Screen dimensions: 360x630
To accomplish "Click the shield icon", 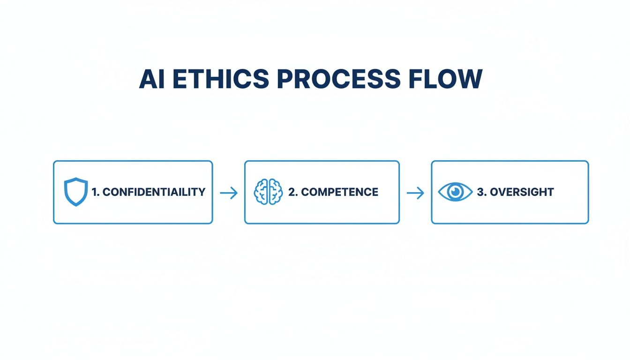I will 76,192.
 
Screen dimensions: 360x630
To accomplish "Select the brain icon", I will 269,192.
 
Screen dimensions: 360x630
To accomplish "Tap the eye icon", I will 455,192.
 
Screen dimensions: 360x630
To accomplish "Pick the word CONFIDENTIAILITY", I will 154,192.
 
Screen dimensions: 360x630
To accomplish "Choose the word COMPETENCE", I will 339,192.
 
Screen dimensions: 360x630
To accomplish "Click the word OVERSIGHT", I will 522,192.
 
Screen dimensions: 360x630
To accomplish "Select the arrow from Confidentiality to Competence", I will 228,193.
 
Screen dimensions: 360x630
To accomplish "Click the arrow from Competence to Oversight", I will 415,193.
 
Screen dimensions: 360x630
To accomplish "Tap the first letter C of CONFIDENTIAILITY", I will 106,192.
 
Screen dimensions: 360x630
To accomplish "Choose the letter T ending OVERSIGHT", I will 550,192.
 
